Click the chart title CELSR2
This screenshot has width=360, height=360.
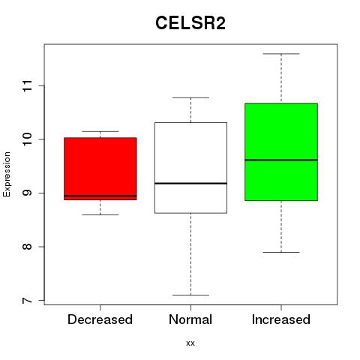190,23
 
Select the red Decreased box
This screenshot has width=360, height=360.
100,169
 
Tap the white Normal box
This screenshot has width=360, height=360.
190,168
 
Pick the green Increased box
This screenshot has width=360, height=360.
281,151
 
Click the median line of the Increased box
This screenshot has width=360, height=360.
281,160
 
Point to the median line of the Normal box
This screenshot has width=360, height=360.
190,184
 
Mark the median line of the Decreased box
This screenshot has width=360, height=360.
100,196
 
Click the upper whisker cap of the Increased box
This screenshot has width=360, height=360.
281,54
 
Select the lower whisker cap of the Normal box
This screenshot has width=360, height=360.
190,295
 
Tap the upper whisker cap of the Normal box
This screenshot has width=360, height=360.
190,97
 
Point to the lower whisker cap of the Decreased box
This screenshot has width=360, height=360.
100,214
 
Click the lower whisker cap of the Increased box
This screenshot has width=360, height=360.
281,252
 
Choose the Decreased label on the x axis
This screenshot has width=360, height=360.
100,319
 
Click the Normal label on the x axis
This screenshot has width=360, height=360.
190,319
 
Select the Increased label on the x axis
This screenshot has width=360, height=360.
281,319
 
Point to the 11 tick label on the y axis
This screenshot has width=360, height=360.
27,86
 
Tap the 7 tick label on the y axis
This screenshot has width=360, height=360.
27,301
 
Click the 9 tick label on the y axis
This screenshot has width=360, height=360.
27,193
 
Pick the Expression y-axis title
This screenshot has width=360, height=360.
7,174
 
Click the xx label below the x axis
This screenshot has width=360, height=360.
190,343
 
